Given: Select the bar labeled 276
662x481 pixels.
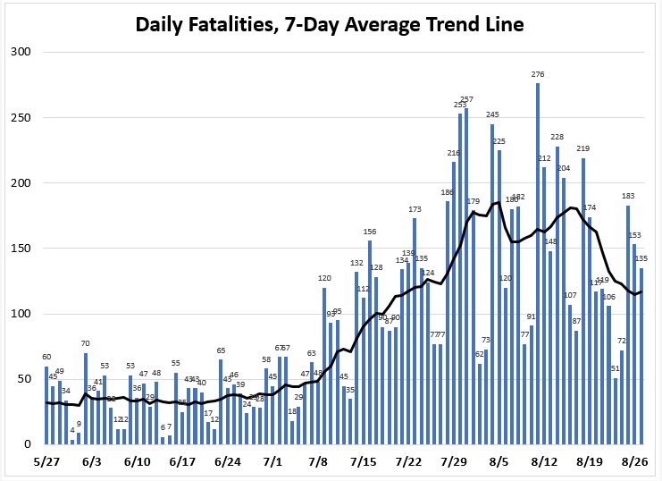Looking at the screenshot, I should [538, 268].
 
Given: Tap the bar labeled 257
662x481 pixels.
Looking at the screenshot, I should [466, 277].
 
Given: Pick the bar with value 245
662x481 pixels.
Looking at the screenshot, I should [492, 286].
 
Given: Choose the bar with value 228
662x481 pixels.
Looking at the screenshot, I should [557, 295].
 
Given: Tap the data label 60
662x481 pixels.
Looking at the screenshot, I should [46, 358].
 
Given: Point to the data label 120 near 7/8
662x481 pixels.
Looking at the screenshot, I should [324, 279].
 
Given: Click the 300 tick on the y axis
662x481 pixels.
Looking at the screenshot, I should [21, 52].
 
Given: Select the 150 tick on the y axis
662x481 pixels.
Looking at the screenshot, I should [21, 249].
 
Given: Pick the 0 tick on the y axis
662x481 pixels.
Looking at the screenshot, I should [27, 444].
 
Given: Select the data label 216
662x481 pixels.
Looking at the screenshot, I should [453, 154].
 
